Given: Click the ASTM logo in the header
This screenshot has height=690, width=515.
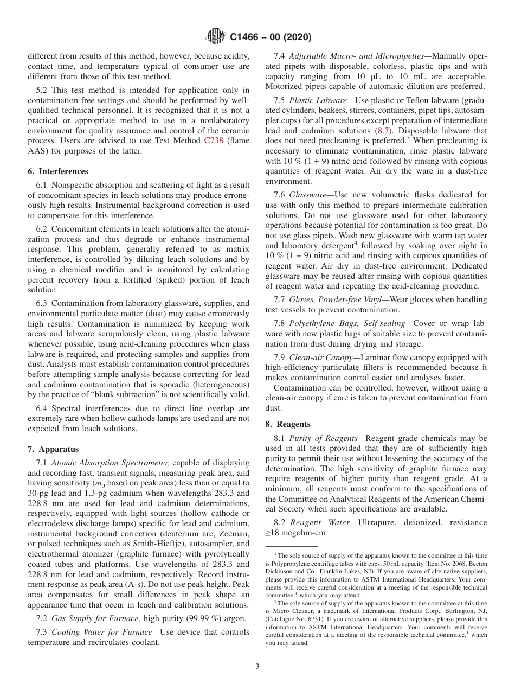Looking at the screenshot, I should click(x=216, y=37).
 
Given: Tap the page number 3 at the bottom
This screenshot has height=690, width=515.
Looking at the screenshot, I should click(x=257, y=666).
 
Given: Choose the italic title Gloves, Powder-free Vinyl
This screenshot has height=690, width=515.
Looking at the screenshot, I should click(x=338, y=299).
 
